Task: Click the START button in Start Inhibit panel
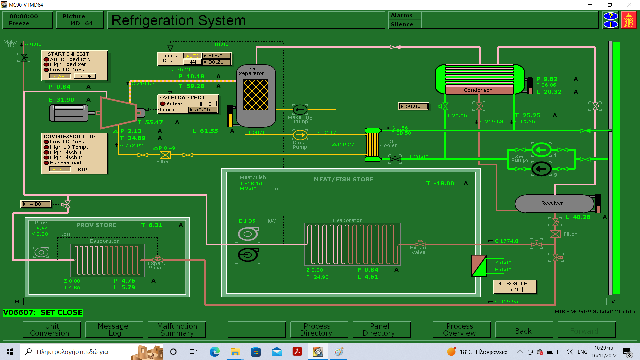pyautogui.click(x=60, y=76)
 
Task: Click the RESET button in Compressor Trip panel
pyautogui.click(x=60, y=169)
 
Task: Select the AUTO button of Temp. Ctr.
pyautogui.click(x=192, y=56)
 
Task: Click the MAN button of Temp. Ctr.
pyautogui.click(x=193, y=62)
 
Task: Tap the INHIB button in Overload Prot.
pyautogui.click(x=206, y=104)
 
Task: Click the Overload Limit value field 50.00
pyautogui.click(x=203, y=110)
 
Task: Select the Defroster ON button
pyautogui.click(x=514, y=290)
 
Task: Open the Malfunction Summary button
pyautogui.click(x=177, y=330)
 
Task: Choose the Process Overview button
pyautogui.click(x=459, y=330)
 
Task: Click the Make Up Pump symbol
pyautogui.click(x=300, y=110)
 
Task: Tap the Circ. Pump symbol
pyautogui.click(x=300, y=135)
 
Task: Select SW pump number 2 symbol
pyautogui.click(x=541, y=169)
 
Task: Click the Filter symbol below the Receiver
pyautogui.click(x=555, y=234)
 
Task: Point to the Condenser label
pyautogui.click(x=477, y=90)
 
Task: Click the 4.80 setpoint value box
pyautogui.click(x=36, y=204)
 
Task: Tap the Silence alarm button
pyautogui.click(x=402, y=24)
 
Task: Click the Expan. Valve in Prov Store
pyautogui.click(x=157, y=259)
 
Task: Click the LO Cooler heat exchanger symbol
pyautogui.click(x=372, y=145)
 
